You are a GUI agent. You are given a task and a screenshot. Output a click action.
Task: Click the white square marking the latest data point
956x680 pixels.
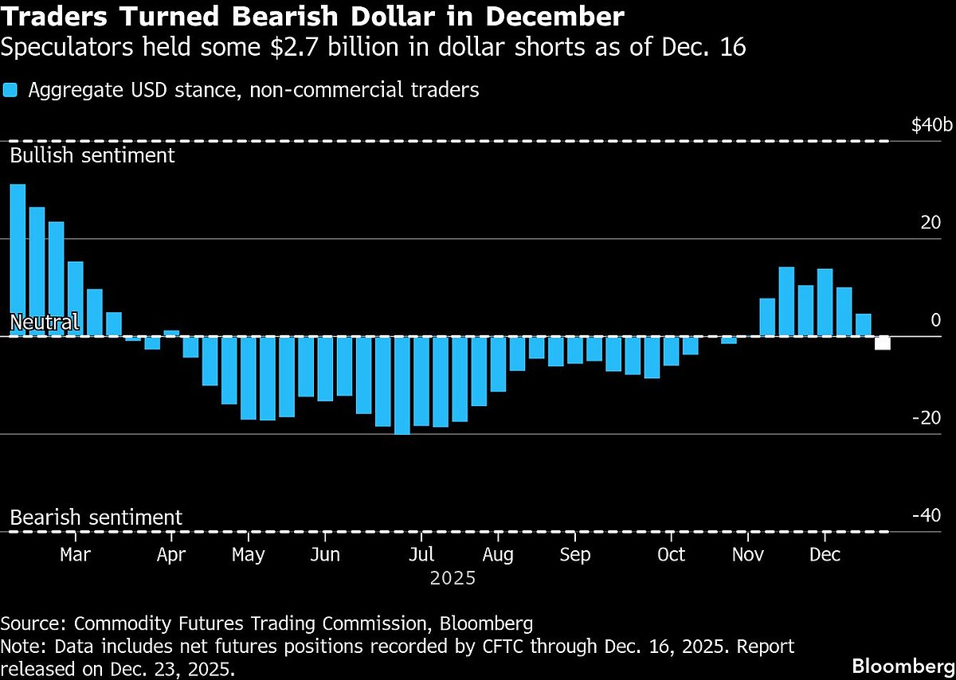click(x=883, y=343)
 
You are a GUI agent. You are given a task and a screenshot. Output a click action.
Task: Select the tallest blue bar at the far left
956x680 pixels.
click(x=18, y=260)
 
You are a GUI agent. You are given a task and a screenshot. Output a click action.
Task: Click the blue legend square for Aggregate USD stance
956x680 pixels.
click(x=10, y=90)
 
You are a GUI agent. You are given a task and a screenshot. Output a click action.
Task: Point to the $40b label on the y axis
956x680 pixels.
click(x=931, y=126)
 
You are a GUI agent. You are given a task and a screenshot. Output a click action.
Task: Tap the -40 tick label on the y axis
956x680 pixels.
click(x=925, y=515)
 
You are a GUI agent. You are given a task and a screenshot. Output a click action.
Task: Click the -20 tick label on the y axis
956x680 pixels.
click(x=925, y=418)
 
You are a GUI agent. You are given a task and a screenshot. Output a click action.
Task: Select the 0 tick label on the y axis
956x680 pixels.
click(x=935, y=320)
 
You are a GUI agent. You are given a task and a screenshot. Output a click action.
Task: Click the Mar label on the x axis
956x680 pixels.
click(x=76, y=554)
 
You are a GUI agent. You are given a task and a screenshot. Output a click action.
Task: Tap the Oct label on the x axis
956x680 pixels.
click(x=672, y=554)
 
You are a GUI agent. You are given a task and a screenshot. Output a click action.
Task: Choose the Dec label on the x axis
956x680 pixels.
click(x=825, y=554)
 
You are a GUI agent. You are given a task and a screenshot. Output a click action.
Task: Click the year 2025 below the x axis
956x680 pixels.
click(x=453, y=579)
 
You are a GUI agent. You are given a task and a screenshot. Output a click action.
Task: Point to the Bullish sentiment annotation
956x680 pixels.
click(x=92, y=154)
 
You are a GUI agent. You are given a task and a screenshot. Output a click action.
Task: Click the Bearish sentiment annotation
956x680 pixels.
click(x=96, y=518)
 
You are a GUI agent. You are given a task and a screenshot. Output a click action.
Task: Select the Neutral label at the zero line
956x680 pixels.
click(x=44, y=322)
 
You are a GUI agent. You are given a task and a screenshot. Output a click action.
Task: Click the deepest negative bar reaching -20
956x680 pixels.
click(x=402, y=385)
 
